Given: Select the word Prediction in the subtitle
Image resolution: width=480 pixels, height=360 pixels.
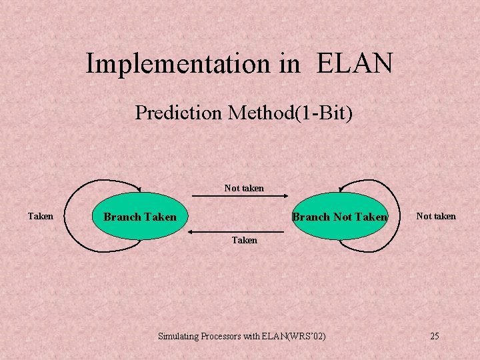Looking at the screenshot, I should (x=178, y=113).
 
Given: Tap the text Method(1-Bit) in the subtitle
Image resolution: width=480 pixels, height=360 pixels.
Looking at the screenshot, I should (x=289, y=113).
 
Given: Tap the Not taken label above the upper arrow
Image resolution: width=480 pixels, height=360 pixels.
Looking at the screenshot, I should (x=244, y=188).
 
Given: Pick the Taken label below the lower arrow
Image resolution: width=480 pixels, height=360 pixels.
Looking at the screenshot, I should (x=244, y=240).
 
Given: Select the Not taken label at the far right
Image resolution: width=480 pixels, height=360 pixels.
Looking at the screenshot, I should (x=436, y=216).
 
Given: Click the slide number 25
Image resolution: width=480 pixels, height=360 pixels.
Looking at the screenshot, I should (x=434, y=336).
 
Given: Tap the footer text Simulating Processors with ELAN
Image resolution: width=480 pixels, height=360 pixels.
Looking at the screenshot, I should (x=221, y=336).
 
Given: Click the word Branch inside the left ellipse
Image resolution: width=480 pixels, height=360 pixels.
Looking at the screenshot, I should (x=122, y=217).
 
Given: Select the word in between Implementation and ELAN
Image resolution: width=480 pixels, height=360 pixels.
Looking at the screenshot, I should (x=290, y=64).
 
